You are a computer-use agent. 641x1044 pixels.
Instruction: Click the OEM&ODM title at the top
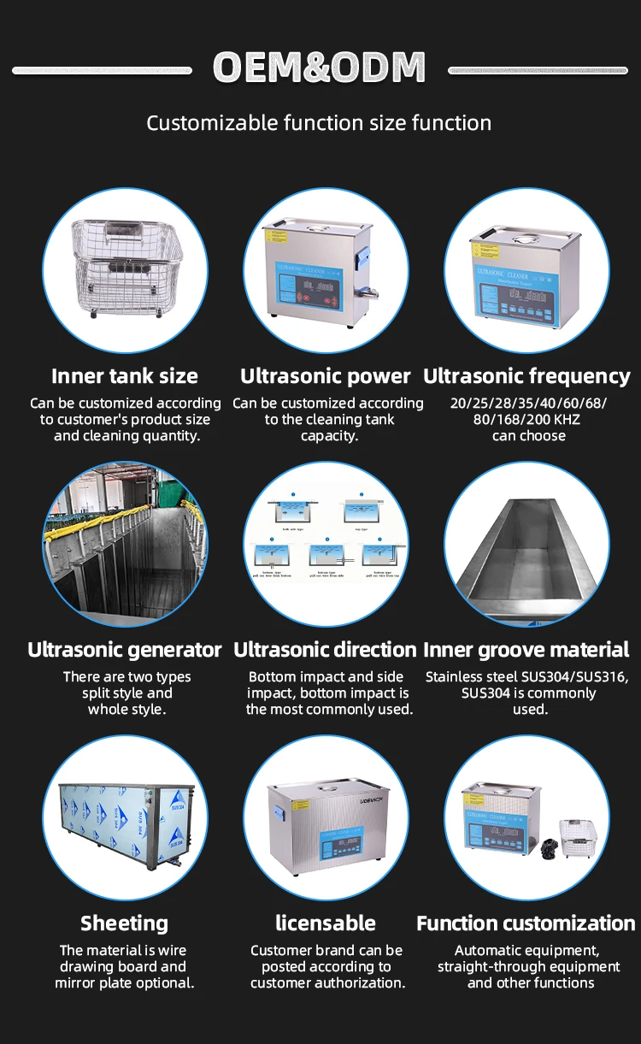coord(319,68)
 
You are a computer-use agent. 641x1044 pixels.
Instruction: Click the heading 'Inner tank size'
coord(125,376)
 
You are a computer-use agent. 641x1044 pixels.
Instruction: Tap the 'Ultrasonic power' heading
coord(326,376)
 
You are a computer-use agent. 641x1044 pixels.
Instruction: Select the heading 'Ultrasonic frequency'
coord(526,376)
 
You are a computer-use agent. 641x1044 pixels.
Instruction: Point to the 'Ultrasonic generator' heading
coord(125,650)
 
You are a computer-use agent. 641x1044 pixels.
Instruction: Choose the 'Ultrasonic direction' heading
coord(326,650)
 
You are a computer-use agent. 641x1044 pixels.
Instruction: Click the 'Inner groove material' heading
coord(526,650)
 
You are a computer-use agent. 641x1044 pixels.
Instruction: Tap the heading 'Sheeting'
coord(125,923)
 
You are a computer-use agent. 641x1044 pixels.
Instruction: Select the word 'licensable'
coord(326,923)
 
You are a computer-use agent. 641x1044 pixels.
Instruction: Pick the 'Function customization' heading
coord(526,923)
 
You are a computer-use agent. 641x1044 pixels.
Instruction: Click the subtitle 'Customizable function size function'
coord(319,123)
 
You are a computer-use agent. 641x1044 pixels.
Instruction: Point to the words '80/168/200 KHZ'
coord(526,420)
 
